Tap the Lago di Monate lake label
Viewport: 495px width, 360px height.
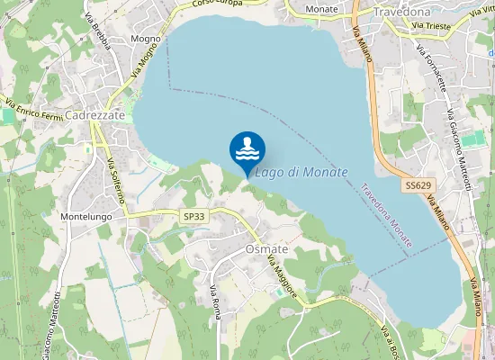coord(301,172)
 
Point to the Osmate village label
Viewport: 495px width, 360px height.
coord(266,249)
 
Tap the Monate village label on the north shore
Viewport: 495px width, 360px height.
coord(321,9)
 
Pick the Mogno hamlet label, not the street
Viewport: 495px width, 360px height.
coord(145,39)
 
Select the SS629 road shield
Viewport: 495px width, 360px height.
coord(416,184)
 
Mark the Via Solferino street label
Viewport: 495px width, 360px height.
coord(118,179)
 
